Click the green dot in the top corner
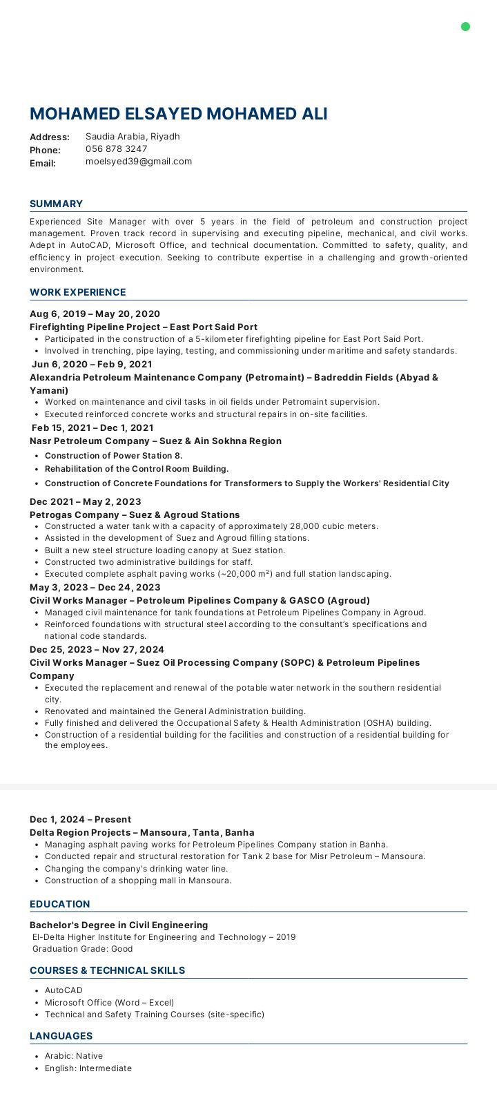pyautogui.click(x=465, y=27)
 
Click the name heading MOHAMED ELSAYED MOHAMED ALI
pyautogui.click(x=178, y=114)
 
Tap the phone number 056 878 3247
pyautogui.click(x=116, y=149)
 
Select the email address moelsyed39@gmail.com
pyautogui.click(x=139, y=162)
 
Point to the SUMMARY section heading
pyautogui.click(x=56, y=204)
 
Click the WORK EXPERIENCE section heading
pyautogui.click(x=77, y=292)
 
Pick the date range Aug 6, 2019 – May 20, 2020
pyautogui.click(x=95, y=314)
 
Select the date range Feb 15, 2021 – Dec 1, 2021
pyautogui.click(x=92, y=427)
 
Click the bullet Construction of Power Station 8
pyautogui.click(x=113, y=456)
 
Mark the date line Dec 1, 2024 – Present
pyautogui.click(x=80, y=820)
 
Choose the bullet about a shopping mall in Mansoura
pyautogui.click(x=138, y=881)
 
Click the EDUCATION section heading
pyautogui.click(x=59, y=904)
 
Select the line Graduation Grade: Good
pyautogui.click(x=83, y=949)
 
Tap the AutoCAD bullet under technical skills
pyautogui.click(x=64, y=990)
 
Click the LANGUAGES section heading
pyautogui.click(x=61, y=1036)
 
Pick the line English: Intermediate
pyautogui.click(x=88, y=1068)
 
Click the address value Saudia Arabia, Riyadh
pyautogui.click(x=133, y=137)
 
